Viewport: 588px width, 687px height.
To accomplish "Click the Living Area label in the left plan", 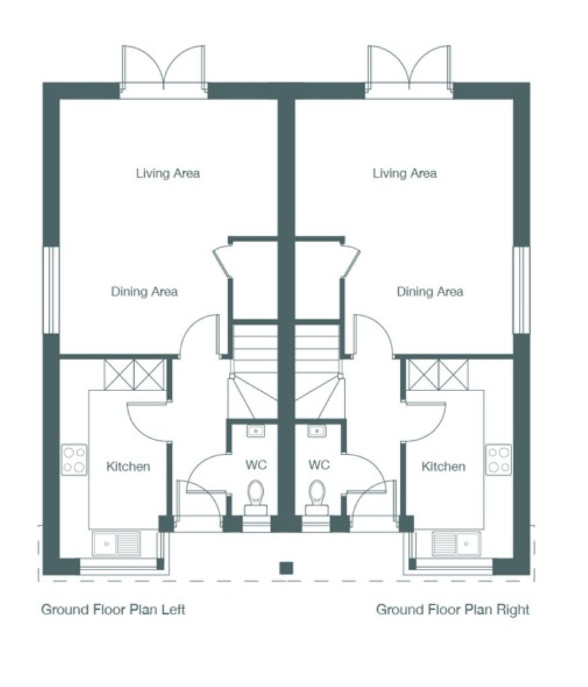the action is (x=168, y=174).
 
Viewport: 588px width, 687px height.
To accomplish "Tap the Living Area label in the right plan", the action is (x=405, y=174).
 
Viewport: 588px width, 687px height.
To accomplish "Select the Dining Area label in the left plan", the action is (x=144, y=292).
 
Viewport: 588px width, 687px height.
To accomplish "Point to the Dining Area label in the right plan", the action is (x=430, y=292).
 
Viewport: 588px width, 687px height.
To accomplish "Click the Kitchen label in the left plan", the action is (x=128, y=466).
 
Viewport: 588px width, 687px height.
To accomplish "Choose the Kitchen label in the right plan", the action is (x=443, y=466).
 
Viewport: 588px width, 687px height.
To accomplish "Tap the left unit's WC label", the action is (x=256, y=464).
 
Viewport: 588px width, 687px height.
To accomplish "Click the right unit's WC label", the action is (x=319, y=464).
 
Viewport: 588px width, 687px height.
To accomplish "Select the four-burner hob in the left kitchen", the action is (x=74, y=460).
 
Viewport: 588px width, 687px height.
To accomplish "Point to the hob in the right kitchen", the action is (x=499, y=460).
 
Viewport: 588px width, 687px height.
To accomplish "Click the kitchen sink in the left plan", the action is (x=116, y=543).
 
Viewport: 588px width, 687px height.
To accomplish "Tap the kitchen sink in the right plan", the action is (x=456, y=543).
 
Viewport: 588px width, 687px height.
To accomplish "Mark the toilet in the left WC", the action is (x=256, y=497).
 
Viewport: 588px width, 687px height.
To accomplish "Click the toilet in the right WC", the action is (x=317, y=497).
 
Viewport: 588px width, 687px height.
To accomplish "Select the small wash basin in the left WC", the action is (x=256, y=431).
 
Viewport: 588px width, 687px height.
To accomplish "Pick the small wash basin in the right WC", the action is (x=317, y=431).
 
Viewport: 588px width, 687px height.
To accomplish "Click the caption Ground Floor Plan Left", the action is (x=113, y=610).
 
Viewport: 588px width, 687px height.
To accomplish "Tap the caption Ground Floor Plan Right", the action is (x=453, y=610).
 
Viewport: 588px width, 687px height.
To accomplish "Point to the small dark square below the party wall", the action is (x=287, y=568).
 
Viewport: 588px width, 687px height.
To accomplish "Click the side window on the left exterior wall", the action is (x=51, y=290).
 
